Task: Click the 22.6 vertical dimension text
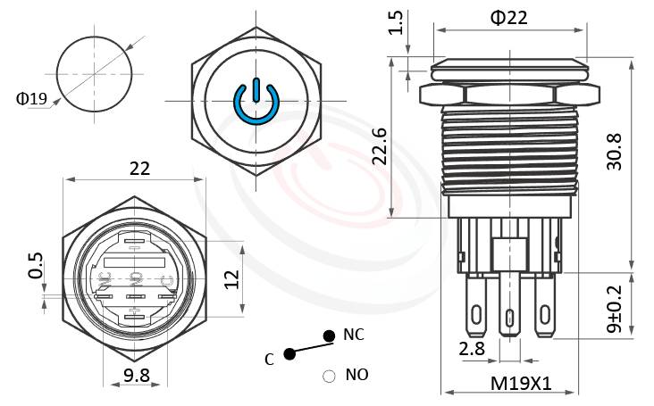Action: pyautogui.click(x=380, y=145)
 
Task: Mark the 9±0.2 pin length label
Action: pyautogui.click(x=615, y=309)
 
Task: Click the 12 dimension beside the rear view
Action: pyautogui.click(x=231, y=279)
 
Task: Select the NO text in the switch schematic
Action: pyautogui.click(x=355, y=374)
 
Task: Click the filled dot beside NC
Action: pyautogui.click(x=329, y=336)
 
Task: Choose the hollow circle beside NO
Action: pyautogui.click(x=329, y=376)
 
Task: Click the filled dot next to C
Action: pyautogui.click(x=289, y=354)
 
